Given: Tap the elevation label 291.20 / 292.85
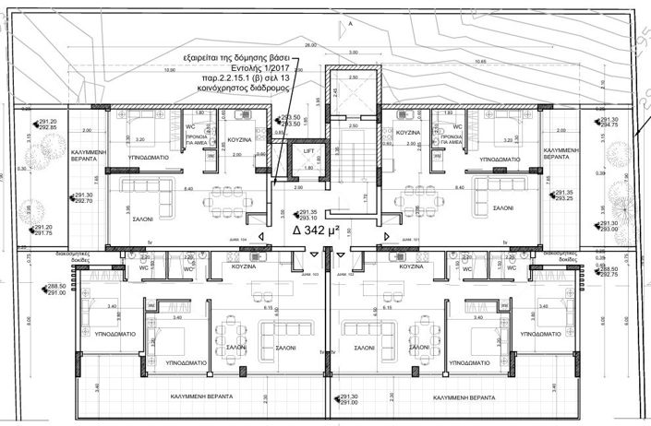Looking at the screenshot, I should (x=46, y=124).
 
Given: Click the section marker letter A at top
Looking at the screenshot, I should (x=350, y=24).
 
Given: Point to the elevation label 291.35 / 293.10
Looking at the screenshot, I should (x=307, y=215).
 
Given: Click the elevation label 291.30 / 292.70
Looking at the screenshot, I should (x=81, y=197).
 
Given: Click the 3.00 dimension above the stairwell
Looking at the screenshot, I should (x=353, y=52).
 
